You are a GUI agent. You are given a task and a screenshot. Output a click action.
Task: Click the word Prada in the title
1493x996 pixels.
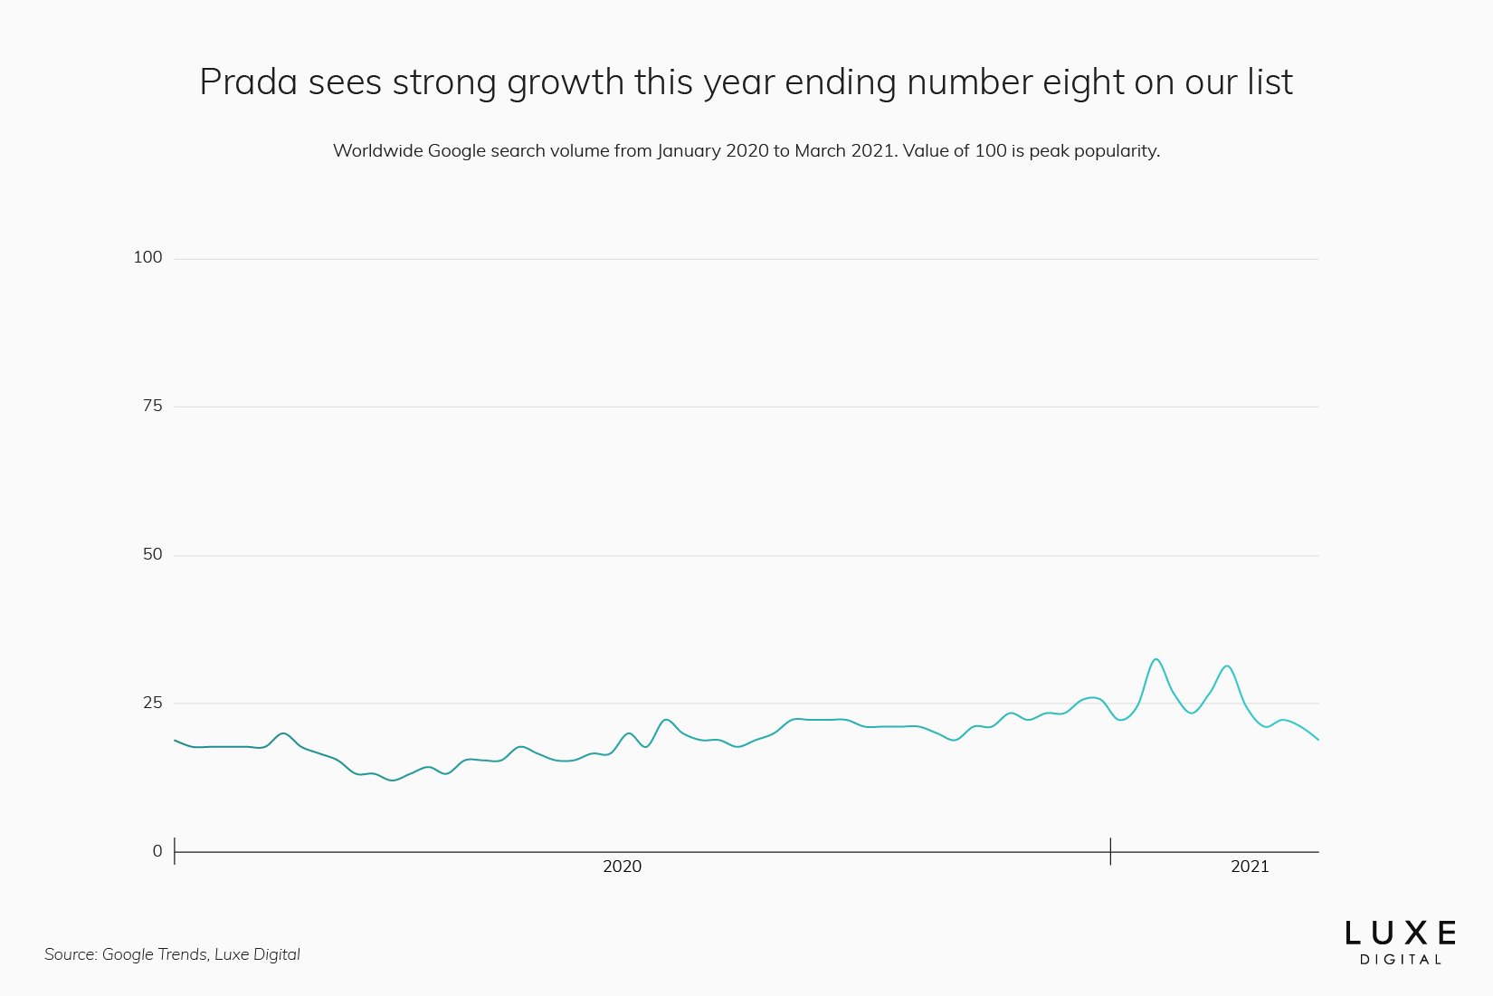[x=248, y=82]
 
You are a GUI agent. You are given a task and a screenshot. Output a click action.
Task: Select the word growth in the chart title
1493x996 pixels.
[x=566, y=82]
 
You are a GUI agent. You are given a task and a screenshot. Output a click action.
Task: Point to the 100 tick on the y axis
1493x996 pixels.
[x=147, y=258]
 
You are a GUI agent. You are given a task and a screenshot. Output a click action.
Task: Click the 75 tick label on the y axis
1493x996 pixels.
[x=152, y=407]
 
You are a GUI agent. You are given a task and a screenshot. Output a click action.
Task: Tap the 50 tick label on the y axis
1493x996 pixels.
[x=152, y=555]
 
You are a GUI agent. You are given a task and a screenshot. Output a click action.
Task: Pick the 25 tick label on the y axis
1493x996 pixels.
[x=152, y=704]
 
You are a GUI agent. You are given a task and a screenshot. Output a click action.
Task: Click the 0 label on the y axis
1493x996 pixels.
[x=157, y=852]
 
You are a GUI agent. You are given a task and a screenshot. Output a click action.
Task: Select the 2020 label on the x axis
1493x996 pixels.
[x=622, y=867]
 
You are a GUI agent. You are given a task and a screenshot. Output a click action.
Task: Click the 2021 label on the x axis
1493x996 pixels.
[x=1250, y=867]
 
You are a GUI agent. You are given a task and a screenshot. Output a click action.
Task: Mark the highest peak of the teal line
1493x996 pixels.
[x=1155, y=659]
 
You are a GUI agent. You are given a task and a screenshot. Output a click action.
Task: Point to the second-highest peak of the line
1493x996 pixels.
[x=1226, y=666]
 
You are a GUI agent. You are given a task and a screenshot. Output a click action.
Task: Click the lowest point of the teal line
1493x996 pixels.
[x=392, y=781]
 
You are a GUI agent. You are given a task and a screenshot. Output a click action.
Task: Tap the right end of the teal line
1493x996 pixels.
[x=1318, y=740]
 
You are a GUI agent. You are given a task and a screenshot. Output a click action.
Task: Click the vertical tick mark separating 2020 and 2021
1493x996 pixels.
[x=1110, y=851]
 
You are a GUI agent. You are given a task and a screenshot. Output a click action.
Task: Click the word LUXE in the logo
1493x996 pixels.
[x=1400, y=934]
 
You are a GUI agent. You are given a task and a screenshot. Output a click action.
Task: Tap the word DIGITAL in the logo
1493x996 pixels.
[x=1400, y=960]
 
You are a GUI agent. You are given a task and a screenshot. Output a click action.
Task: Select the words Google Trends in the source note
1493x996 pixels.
[x=154, y=954]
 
